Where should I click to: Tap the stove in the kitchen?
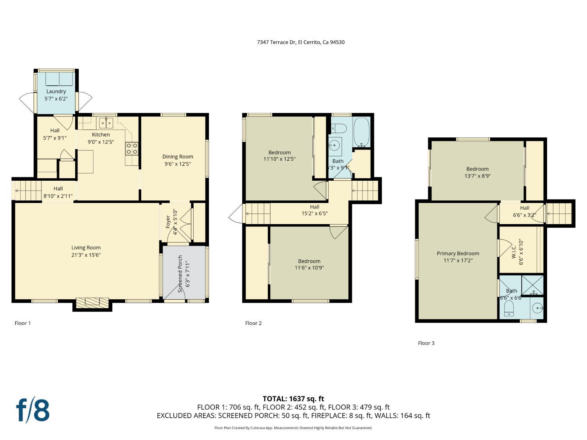[132, 149]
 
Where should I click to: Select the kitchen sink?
[106, 123]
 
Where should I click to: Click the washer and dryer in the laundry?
[59, 79]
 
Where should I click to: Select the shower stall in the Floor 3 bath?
[533, 285]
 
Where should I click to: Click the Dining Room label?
[178, 156]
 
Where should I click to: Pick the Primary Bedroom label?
[458, 253]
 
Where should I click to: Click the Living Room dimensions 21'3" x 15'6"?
[86, 255]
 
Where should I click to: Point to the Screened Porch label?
[180, 274]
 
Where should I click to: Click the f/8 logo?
[33, 410]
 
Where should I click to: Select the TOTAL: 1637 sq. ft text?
[293, 399]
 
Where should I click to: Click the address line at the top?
[301, 42]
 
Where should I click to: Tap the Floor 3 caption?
[426, 343]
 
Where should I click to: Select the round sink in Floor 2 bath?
[335, 146]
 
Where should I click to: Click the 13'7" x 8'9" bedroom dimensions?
[477, 176]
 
